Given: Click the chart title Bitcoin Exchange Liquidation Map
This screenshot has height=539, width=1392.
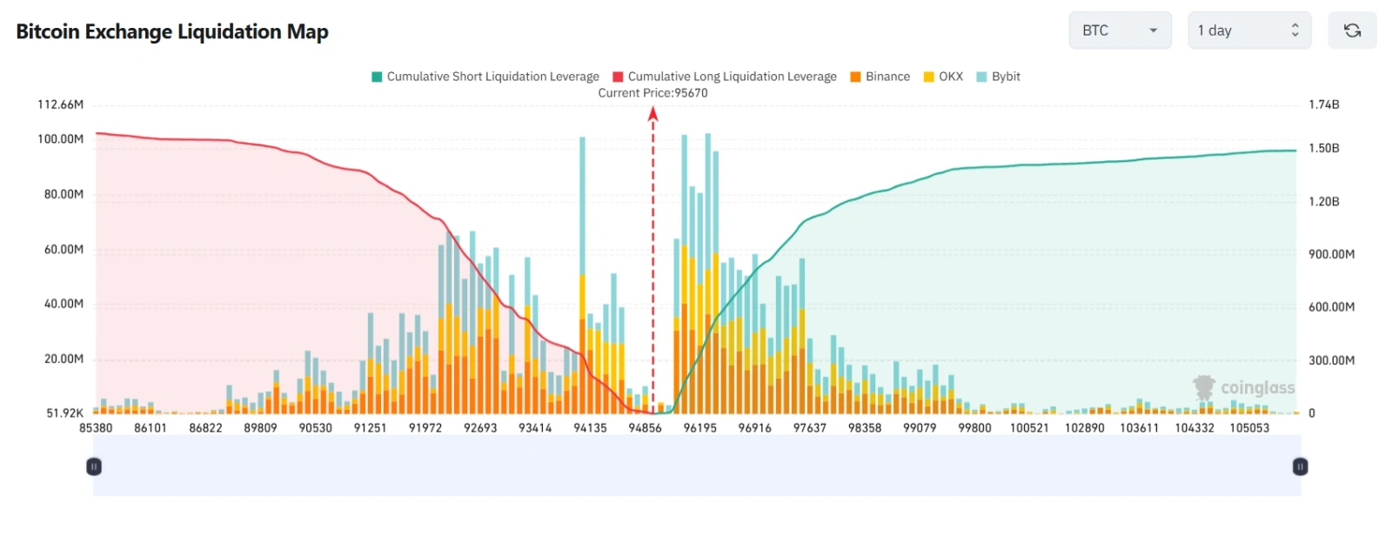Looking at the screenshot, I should point(172,32).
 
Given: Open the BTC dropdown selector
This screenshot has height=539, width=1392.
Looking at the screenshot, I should point(1119,30).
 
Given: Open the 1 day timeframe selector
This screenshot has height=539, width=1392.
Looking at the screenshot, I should point(1248,30).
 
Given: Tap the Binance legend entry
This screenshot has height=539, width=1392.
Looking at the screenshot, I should point(880,77).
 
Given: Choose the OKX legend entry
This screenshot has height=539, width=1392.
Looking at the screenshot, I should point(943,77).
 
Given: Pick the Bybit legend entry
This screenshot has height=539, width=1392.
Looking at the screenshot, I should point(998,77).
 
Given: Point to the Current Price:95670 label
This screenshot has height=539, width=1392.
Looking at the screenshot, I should point(652,93).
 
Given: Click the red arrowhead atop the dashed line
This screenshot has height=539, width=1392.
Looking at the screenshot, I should point(653,113).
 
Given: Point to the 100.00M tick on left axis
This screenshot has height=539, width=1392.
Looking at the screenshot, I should point(61,139).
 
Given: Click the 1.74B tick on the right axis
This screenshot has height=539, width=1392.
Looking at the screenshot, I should point(1323,104).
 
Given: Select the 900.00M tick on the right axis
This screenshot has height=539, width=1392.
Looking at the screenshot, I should point(1331,254).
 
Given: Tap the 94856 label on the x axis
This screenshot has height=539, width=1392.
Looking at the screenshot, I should point(645,428).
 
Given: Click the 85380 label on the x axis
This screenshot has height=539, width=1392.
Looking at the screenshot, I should point(96,428).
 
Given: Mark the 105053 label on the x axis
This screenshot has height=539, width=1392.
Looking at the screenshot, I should point(1249,428).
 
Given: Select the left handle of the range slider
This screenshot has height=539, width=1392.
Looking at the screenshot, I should point(94,467).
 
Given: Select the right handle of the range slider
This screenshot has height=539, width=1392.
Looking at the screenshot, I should point(1300,467).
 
